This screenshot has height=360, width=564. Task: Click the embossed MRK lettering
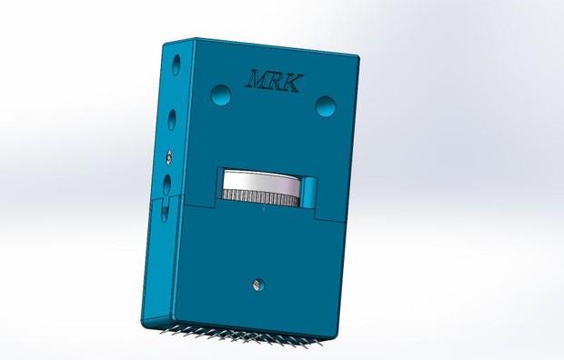click(x=274, y=81)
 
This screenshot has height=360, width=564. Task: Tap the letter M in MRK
click(x=257, y=79)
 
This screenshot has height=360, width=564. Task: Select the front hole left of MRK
click(x=221, y=95)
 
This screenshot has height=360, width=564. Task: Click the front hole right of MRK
click(x=326, y=105)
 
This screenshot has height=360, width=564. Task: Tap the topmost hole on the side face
click(x=176, y=65)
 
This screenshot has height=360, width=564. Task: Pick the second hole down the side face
click(x=172, y=120)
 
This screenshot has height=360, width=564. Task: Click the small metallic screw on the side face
click(x=169, y=157)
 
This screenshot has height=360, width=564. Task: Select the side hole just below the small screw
click(x=166, y=185)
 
